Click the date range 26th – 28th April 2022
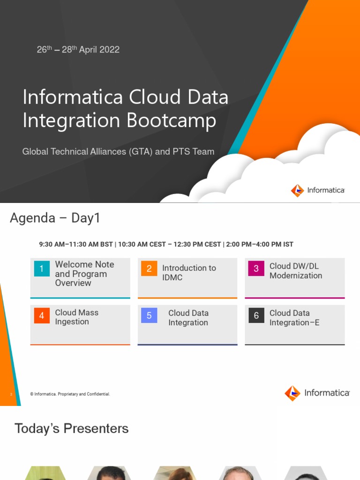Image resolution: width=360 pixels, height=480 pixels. [78, 49]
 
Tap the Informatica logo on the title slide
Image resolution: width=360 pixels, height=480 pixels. [317, 190]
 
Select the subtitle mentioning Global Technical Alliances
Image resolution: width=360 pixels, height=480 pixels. [118, 151]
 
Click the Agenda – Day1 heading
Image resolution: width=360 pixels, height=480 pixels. [55, 218]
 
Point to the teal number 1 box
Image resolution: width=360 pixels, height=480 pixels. [42, 269]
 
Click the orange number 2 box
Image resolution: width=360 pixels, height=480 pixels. [149, 269]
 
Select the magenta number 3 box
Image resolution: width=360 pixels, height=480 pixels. [256, 269]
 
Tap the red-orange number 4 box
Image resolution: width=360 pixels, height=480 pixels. [42, 316]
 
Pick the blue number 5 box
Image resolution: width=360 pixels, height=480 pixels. [149, 316]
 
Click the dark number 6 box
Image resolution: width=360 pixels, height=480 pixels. [256, 316]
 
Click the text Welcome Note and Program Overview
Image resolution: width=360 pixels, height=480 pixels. [84, 274]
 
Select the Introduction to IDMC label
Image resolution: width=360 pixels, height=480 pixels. [189, 272]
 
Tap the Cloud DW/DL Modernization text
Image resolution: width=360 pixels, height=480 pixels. [296, 270]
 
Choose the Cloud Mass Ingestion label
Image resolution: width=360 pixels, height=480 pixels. [76, 317]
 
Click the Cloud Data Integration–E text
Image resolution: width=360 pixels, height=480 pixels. [294, 317]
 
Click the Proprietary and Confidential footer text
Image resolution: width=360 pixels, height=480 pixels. [70, 394]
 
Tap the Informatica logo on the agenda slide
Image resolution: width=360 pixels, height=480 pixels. [317, 393]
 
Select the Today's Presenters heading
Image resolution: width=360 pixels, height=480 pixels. [72, 428]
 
